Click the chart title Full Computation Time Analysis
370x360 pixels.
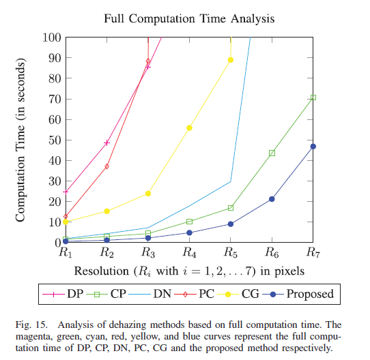[x=189, y=16]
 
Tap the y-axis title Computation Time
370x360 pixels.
[x=21, y=140]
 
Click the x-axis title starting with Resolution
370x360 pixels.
[x=189, y=271]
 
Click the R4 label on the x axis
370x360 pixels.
[x=189, y=253]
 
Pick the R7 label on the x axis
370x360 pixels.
[x=313, y=253]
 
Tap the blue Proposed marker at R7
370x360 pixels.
[x=313, y=146]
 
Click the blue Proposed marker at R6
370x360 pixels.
[x=272, y=199]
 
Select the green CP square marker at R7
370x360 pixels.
[x=313, y=97]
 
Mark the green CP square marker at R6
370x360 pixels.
[x=272, y=153]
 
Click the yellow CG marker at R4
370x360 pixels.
[x=189, y=127]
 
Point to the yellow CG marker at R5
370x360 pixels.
[x=231, y=60]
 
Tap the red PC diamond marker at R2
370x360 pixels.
[x=107, y=166]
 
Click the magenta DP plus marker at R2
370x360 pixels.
[x=107, y=142]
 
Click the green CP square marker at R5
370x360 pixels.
[x=231, y=207]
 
